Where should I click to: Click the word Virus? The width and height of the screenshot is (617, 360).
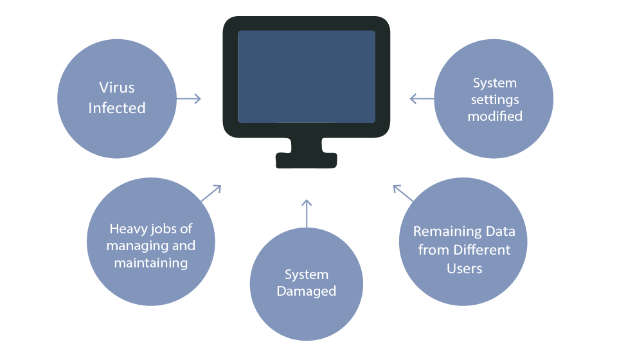117,87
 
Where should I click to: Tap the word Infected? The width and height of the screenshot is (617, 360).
117,108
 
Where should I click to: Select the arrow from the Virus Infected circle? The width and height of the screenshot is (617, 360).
189,98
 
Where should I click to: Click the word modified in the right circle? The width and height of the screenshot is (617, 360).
495,116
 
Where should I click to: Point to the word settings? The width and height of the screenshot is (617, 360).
495,100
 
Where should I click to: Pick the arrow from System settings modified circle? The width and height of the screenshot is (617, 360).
422,98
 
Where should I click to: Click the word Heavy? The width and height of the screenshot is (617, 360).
126,229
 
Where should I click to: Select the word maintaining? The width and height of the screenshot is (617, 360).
151,262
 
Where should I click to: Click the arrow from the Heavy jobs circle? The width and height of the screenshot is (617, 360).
211,193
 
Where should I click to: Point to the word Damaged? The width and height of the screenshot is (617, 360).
307,291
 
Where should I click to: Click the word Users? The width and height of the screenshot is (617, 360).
464,267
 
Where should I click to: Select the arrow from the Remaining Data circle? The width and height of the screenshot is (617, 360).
403,194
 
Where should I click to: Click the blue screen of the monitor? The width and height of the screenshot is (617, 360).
307,76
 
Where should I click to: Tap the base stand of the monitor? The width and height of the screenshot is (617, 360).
307,158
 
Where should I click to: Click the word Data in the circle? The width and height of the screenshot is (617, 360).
499,231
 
